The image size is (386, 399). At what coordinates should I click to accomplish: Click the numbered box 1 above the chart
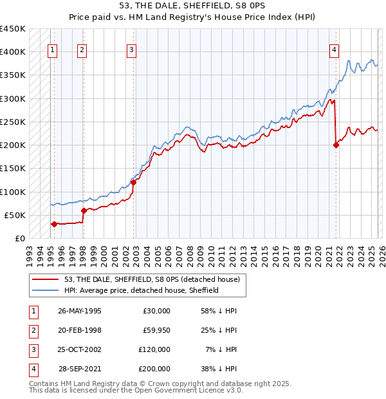coord(52,52)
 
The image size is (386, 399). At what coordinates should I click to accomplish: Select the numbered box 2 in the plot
coord(82,52)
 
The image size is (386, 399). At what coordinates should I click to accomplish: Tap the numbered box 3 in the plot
coord(131,52)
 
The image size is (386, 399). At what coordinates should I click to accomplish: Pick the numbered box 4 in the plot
coord(335,52)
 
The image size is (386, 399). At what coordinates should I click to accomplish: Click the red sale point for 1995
coord(54,224)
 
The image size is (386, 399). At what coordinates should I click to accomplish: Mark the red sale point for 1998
coord(84,210)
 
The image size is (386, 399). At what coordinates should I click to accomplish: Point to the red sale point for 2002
coord(134,182)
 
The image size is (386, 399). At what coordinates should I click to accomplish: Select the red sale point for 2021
coord(336,145)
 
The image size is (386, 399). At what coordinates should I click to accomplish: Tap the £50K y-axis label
coord(15,215)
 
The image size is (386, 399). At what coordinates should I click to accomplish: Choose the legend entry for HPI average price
coord(142,290)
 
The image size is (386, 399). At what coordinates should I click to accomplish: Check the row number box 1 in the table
coord(32,311)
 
